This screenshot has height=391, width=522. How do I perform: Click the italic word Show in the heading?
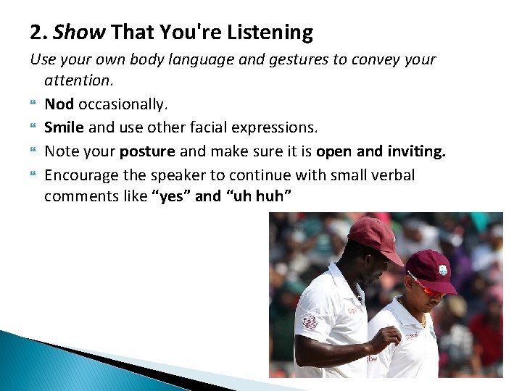80,33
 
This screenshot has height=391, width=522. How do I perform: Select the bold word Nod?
59,104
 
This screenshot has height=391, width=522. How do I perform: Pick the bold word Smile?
64,128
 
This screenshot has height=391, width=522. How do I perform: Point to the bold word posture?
147,152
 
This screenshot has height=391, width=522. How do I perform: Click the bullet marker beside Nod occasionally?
33,105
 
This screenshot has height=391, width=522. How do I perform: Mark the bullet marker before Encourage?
33,176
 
